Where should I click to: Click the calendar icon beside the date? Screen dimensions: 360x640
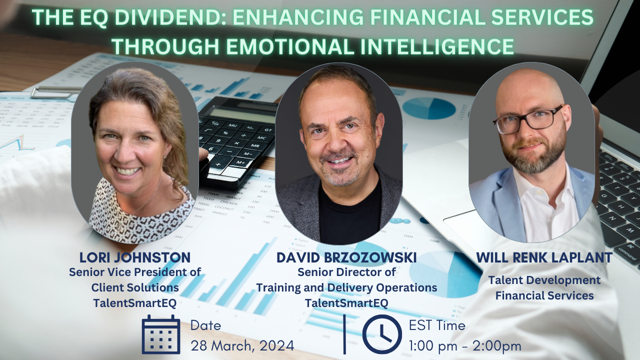click(161, 334)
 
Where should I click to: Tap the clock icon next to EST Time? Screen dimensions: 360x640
click(382, 334)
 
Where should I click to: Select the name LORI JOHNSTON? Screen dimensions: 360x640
click(135, 257)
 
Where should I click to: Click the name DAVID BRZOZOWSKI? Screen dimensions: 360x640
click(346, 258)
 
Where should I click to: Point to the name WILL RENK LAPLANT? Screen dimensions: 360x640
click(544, 257)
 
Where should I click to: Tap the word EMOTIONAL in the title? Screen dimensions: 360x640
click(290, 46)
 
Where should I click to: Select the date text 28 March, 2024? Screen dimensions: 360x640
click(242, 345)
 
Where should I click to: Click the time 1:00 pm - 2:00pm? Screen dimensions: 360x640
click(465, 345)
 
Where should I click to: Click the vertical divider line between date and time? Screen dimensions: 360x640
click(345, 334)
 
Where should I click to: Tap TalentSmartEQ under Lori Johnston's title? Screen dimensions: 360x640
click(135, 302)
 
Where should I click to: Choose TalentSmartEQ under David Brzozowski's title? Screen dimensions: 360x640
click(346, 302)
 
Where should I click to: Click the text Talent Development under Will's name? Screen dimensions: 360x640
click(544, 280)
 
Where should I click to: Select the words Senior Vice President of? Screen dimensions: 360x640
click(135, 272)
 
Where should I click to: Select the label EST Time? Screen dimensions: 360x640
click(437, 325)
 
